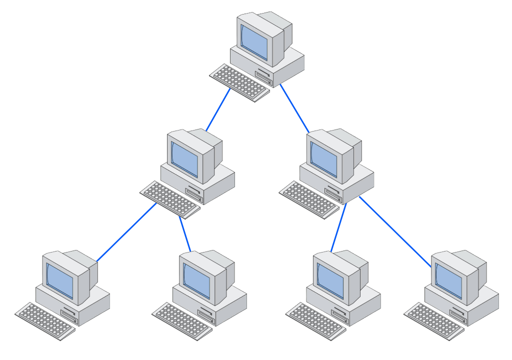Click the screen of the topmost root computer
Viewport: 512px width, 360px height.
[254, 41]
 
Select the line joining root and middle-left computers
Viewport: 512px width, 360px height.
[218, 109]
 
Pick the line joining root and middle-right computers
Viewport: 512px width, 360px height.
[294, 108]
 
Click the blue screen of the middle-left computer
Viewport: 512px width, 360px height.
[184, 158]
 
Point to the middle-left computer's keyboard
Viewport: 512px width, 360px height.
[170, 199]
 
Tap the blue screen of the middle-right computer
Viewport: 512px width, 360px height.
[323, 158]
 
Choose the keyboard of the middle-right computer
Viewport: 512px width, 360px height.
[309, 199]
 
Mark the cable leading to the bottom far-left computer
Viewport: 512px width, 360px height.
[126, 232]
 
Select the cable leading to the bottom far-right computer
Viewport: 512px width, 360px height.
[395, 231]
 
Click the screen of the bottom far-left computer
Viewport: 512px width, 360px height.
[60, 280]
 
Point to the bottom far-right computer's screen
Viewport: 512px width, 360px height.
[448, 280]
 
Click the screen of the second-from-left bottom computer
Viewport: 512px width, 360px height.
[196, 280]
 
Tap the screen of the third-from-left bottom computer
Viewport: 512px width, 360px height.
[330, 280]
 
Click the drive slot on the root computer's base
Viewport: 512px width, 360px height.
[263, 75]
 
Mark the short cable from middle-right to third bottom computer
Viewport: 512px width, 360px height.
[338, 227]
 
